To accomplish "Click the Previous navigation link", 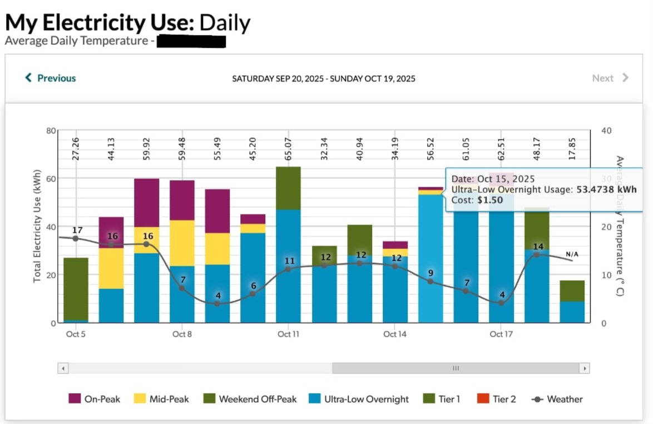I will point(51,78).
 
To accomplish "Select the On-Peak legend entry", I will point(94,399).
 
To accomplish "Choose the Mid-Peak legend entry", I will point(162,399).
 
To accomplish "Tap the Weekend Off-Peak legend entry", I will point(250,399).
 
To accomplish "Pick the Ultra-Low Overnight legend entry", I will point(359,399).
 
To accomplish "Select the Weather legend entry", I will point(558,399).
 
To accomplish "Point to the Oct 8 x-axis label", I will point(182,334).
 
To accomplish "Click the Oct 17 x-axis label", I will point(501,334).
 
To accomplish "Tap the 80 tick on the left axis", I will point(51,131).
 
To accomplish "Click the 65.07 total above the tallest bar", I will point(289,148).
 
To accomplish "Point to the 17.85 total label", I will point(572,148).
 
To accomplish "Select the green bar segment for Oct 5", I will point(76,289).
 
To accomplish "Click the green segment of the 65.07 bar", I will point(288,188).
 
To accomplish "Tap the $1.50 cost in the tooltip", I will point(490,200).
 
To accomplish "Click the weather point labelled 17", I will point(76,238).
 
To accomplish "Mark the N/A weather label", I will point(572,254).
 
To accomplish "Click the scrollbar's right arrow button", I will point(584,368).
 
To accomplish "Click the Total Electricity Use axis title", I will point(37,226).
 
